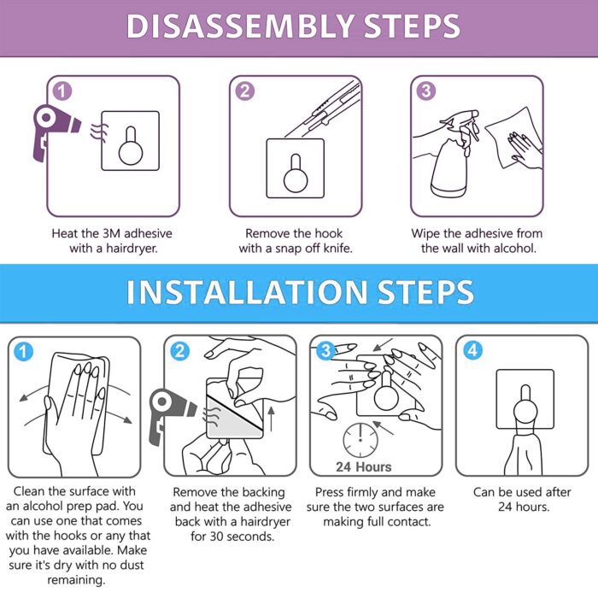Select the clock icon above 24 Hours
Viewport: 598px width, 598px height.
point(361,440)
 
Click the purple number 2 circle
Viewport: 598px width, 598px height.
point(245,91)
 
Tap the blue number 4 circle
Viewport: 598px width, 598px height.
point(472,350)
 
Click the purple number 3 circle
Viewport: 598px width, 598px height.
point(426,91)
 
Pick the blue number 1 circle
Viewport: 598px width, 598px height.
point(24,351)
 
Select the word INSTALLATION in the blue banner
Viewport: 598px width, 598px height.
point(246,292)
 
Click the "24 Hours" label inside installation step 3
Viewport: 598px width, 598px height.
point(363,466)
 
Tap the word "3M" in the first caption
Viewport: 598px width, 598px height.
point(111,233)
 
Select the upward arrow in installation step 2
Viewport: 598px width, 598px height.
point(271,419)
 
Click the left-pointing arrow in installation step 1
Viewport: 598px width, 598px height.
point(35,392)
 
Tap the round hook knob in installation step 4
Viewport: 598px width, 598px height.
point(525,413)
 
